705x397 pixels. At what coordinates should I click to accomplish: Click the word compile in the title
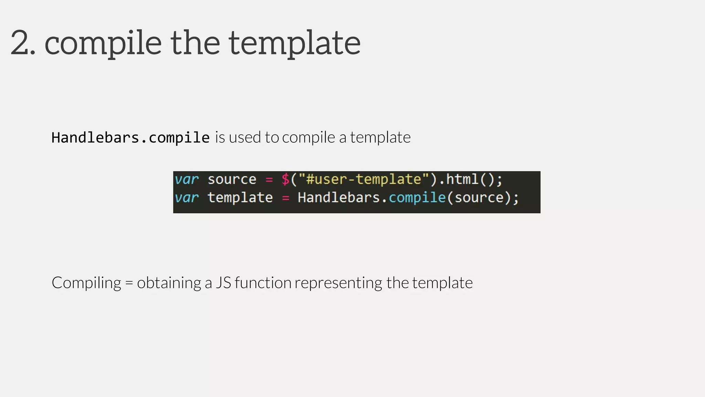pos(103,43)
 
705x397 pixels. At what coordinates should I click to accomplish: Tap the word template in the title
pos(294,43)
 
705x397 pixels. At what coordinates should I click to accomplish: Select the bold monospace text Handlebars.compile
pos(130,138)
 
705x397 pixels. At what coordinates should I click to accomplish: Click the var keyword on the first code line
pos(187,180)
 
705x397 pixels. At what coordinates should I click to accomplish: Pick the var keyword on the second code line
pos(187,198)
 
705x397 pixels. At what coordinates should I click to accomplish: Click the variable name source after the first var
pos(232,180)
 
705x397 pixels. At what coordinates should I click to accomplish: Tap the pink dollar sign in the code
pos(285,180)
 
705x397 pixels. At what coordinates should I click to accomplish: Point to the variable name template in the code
pos(240,198)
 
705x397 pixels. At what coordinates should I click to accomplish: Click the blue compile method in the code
pos(417,198)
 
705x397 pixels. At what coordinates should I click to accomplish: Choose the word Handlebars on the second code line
pos(339,198)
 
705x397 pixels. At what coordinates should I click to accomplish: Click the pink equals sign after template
pos(286,198)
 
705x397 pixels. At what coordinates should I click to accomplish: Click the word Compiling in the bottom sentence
pos(86,283)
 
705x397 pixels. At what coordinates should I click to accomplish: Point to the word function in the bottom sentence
pos(263,283)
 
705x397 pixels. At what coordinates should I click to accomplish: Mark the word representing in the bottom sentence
pos(338,283)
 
